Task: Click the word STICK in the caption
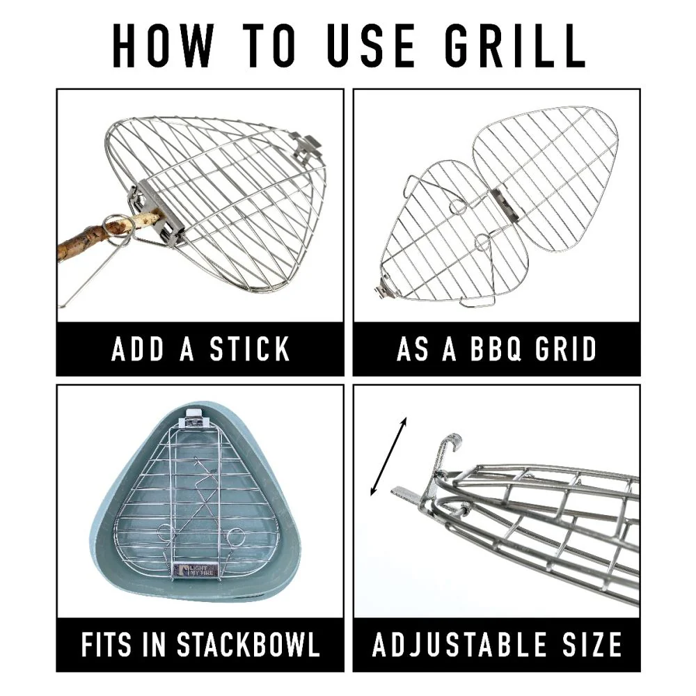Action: tap(250, 349)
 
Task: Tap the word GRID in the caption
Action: tap(565, 349)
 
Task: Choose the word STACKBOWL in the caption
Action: tap(248, 644)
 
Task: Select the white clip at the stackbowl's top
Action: tap(196, 414)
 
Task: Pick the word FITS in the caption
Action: tap(106, 644)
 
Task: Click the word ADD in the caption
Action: tap(138, 349)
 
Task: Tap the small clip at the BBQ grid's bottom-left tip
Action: tap(383, 291)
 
